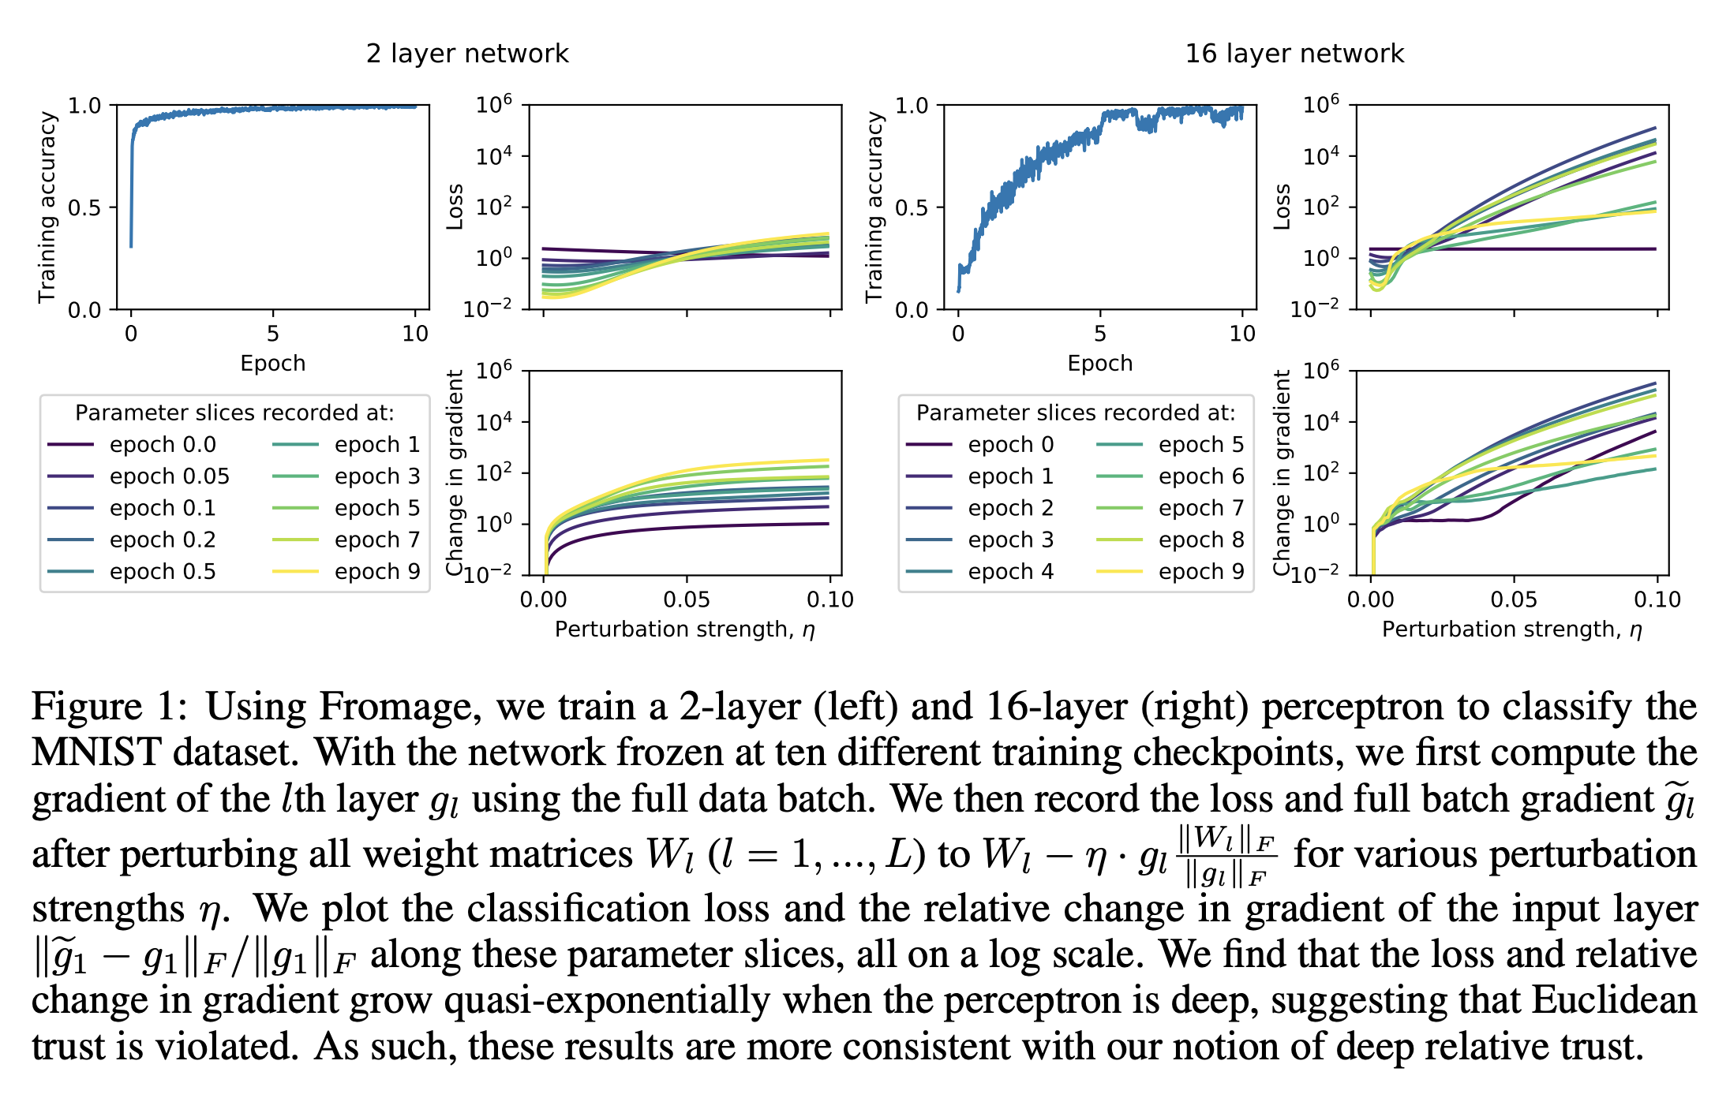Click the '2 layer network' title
point(467,54)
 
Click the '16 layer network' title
point(1294,54)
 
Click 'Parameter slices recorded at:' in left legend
point(234,413)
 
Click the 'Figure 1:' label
point(109,706)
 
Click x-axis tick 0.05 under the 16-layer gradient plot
point(1513,599)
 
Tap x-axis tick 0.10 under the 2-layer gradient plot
point(829,599)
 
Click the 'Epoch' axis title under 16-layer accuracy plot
point(1099,363)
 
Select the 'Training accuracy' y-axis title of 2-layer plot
point(47,207)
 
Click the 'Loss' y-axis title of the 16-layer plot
point(1282,207)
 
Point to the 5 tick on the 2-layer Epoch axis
point(272,334)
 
